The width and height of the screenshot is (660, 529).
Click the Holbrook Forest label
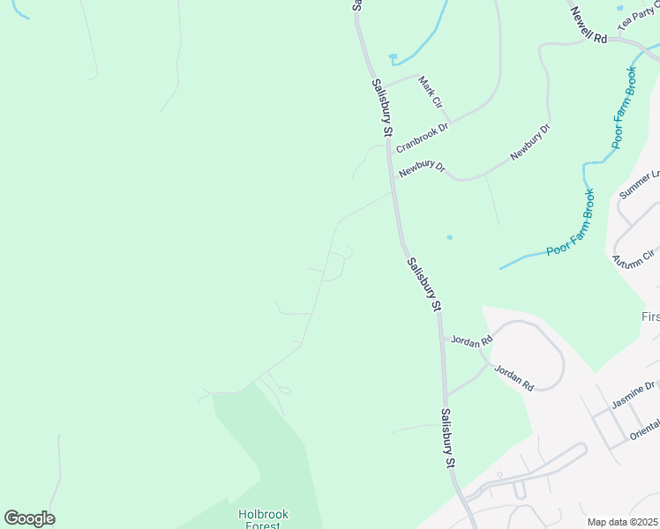[263, 519]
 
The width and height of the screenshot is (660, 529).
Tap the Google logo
[29, 518]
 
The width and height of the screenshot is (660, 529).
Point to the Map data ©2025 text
[623, 522]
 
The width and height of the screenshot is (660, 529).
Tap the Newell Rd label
[589, 26]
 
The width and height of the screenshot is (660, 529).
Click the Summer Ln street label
[640, 184]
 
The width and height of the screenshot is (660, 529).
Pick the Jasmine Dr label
[634, 395]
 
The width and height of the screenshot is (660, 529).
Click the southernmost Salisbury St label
[448, 438]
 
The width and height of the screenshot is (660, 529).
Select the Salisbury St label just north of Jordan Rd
[424, 284]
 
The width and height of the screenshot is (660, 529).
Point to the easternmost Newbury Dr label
[529, 142]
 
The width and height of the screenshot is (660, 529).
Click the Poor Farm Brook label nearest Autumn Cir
[570, 223]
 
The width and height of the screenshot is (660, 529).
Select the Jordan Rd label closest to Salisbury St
[469, 340]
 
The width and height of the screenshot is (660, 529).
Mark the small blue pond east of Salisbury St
[450, 237]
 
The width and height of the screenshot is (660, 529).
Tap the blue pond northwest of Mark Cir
[393, 58]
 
